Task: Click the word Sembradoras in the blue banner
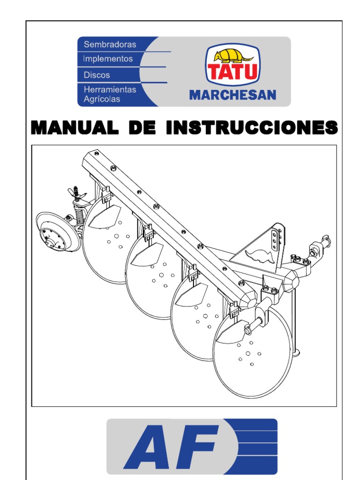[110, 45]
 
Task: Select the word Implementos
[108, 59]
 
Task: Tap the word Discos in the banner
[97, 75]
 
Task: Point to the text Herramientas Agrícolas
[110, 94]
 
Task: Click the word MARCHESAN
[232, 96]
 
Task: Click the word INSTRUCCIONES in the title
[252, 127]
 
